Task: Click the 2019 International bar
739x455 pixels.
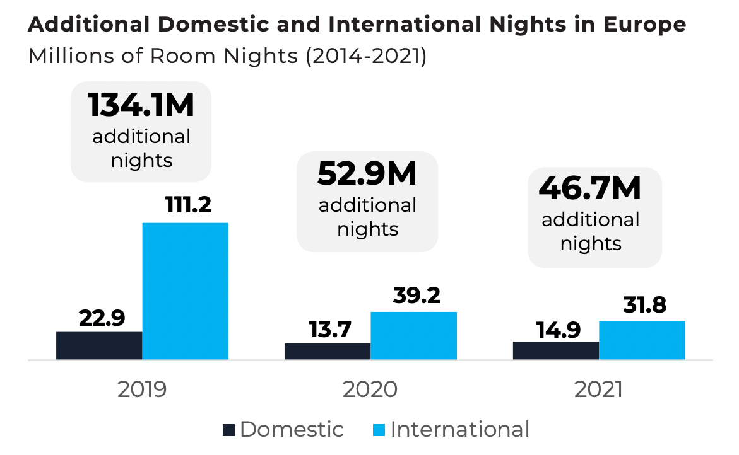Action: (185, 291)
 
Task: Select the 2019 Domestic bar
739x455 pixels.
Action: (99, 345)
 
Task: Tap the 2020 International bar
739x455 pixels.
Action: (413, 335)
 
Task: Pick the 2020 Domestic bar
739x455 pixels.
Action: (328, 351)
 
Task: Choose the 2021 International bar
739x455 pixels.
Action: (642, 340)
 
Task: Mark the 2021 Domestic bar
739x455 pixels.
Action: (556, 350)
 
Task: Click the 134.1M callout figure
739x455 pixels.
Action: (141, 105)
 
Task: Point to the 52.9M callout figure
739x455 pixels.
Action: (367, 175)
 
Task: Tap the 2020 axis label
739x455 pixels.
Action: (370, 389)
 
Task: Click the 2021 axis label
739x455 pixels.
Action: (598, 389)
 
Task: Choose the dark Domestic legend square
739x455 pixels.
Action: (228, 430)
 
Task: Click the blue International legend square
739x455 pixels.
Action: (378, 430)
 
